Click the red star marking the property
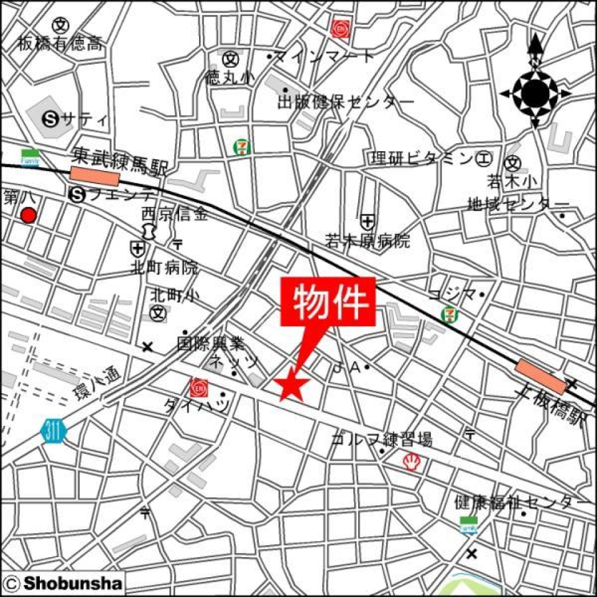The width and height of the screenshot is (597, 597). click(290, 386)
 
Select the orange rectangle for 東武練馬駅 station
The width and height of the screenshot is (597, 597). click(95, 176)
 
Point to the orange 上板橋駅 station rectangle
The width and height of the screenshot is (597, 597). click(540, 376)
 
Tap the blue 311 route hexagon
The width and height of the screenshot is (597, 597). click(53, 430)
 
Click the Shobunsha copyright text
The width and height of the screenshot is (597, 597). click(64, 583)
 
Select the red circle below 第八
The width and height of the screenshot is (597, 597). click(29, 216)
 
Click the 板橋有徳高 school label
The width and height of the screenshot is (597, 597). click(60, 44)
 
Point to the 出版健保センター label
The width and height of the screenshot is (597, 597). click(345, 102)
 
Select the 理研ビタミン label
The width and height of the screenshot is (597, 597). click(422, 159)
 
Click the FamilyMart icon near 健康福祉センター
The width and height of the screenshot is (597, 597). click(468, 525)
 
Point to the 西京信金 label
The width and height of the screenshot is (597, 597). click(175, 213)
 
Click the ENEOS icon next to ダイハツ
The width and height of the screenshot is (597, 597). click(198, 387)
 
